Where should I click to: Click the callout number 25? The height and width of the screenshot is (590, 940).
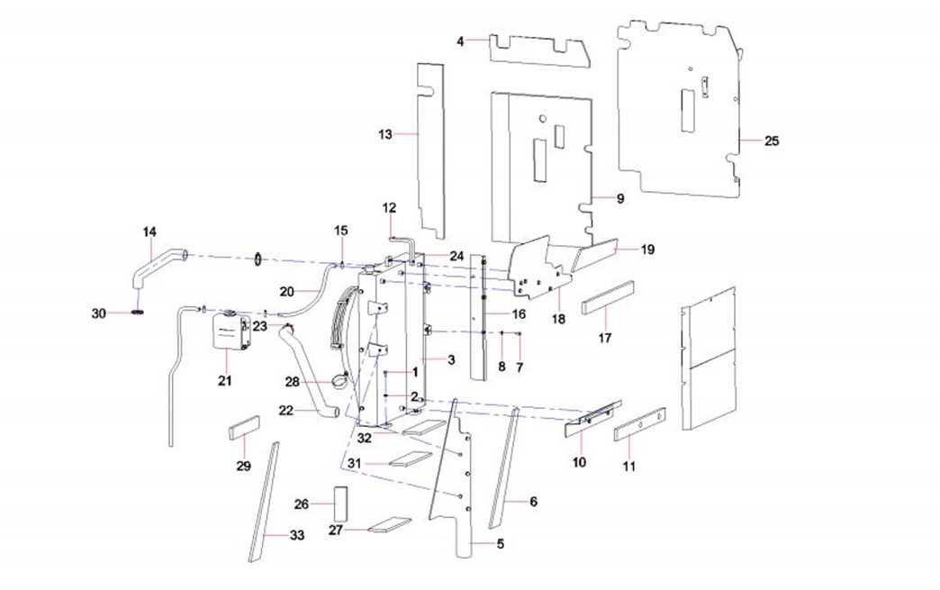[772, 141]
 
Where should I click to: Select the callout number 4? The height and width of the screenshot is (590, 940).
[460, 41]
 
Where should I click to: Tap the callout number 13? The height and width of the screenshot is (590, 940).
[385, 134]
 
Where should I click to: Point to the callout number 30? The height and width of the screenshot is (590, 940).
[99, 313]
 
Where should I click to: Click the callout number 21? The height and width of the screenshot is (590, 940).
[224, 380]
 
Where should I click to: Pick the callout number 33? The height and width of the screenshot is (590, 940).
[297, 535]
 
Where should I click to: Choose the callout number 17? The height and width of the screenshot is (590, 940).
[605, 338]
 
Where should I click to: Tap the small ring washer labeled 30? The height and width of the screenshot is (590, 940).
[138, 313]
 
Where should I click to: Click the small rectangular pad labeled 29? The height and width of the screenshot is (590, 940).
[244, 427]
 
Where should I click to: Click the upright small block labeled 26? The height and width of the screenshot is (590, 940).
[340, 504]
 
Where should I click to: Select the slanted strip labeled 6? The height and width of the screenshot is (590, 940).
[504, 468]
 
